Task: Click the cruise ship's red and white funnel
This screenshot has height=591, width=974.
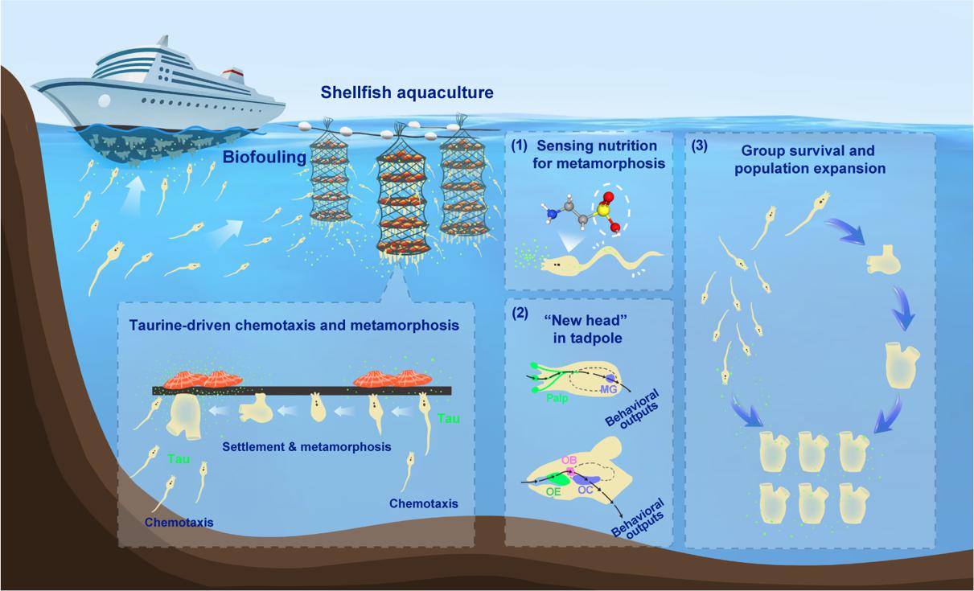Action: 232,79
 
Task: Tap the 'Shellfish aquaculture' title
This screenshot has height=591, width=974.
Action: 407,93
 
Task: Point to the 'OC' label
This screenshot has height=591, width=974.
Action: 586,489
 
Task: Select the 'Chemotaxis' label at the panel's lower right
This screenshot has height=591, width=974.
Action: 423,504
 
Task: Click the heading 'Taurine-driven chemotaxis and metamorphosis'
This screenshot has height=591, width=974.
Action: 294,326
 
